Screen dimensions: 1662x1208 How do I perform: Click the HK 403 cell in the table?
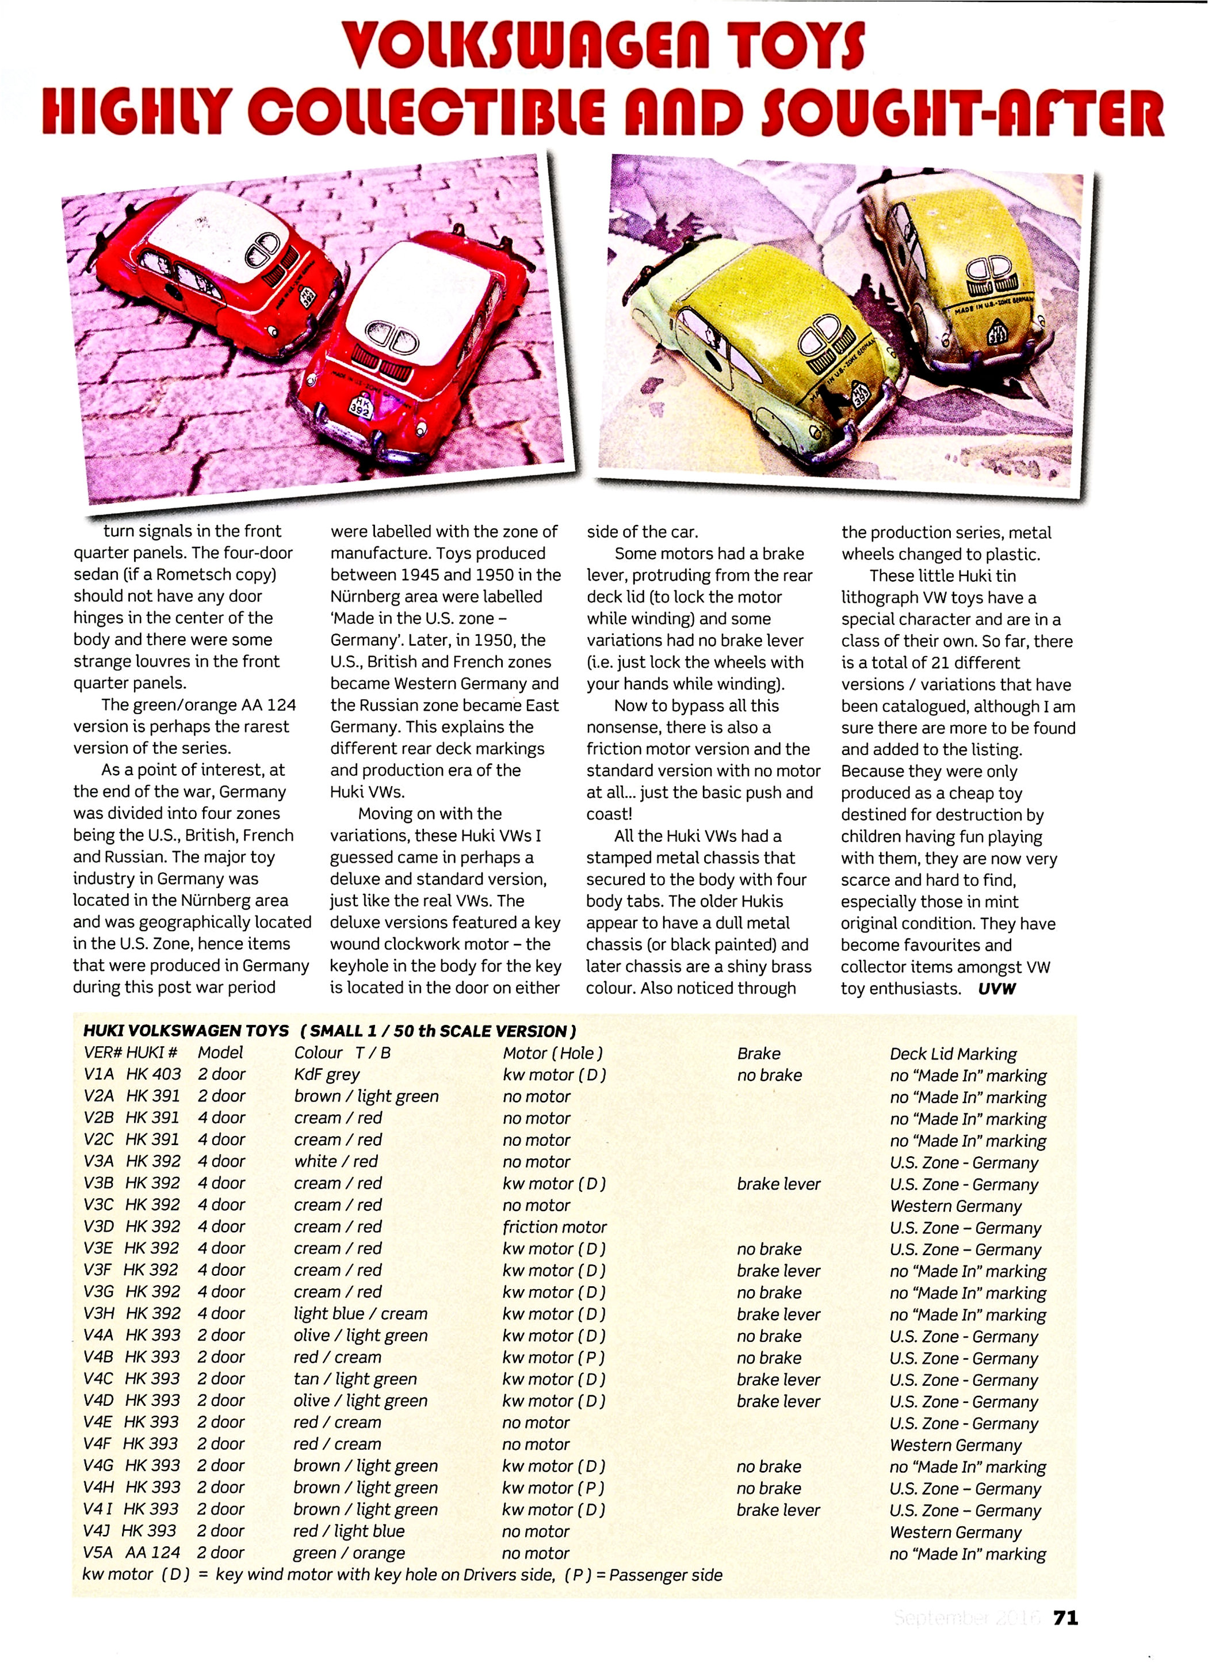click(153, 1074)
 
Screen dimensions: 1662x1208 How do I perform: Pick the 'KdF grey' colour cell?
click(327, 1074)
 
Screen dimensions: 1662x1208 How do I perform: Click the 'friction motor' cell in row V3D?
click(555, 1227)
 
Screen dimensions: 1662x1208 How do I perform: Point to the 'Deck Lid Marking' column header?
click(953, 1054)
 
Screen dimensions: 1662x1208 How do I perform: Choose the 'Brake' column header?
click(758, 1053)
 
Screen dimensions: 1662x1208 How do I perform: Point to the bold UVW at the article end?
click(996, 989)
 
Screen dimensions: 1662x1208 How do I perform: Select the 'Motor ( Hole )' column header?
click(552, 1053)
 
